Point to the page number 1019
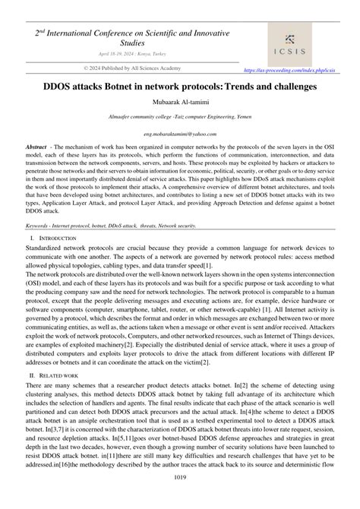click(180, 498)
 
